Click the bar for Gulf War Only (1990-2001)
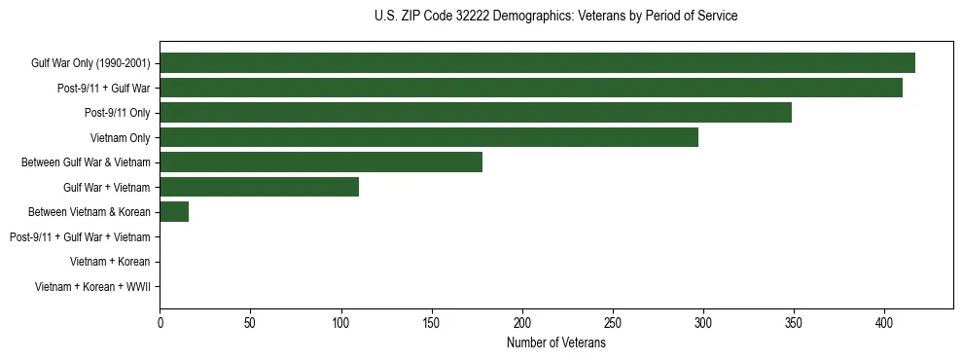pos(537,63)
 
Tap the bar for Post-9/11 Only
pos(476,113)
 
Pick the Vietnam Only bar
pos(429,137)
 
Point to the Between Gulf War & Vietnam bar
pos(321,162)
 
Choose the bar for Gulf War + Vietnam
pos(260,187)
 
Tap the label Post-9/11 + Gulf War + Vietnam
pos(80,237)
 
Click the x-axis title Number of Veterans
pos(556,342)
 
